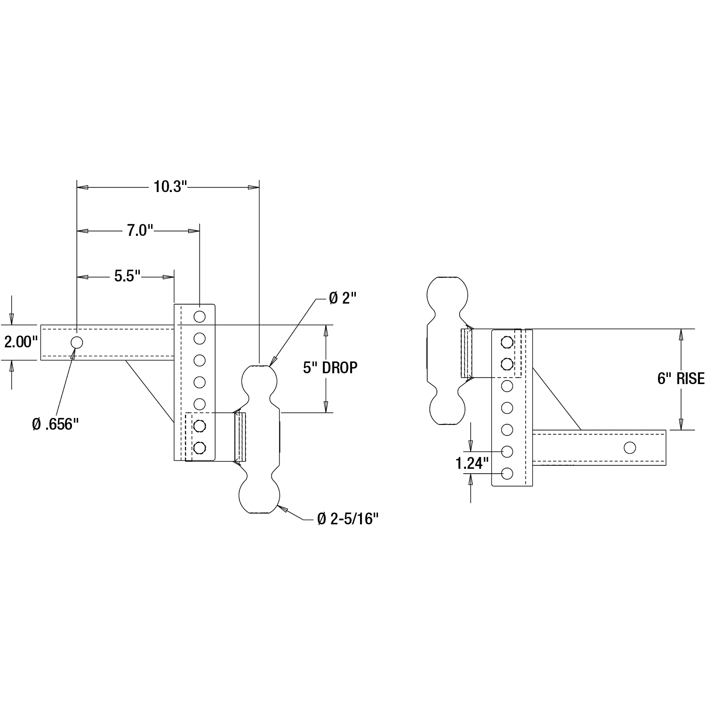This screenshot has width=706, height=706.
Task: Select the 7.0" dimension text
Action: coord(140,231)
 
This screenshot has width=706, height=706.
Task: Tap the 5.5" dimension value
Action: coord(127,276)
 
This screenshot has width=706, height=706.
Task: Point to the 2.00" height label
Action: coord(21,342)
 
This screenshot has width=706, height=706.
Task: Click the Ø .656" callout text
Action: coord(55,424)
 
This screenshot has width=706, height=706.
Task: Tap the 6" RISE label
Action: coord(681,378)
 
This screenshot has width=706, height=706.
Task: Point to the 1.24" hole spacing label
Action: coord(472,463)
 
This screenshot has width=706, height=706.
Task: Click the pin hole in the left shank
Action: coord(77,342)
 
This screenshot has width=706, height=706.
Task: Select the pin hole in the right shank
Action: coord(630,448)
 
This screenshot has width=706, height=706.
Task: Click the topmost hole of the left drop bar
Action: coord(199,316)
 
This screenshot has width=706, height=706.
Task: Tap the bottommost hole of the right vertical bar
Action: coord(507,474)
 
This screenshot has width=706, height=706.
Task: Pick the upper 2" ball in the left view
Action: coord(259,380)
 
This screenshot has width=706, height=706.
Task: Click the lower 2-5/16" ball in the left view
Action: coord(259,495)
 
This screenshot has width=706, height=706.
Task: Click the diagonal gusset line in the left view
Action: coord(149,391)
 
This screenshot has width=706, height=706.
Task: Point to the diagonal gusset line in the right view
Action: coord(557,399)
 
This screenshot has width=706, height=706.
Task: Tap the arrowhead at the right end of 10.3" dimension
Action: coord(253,187)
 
